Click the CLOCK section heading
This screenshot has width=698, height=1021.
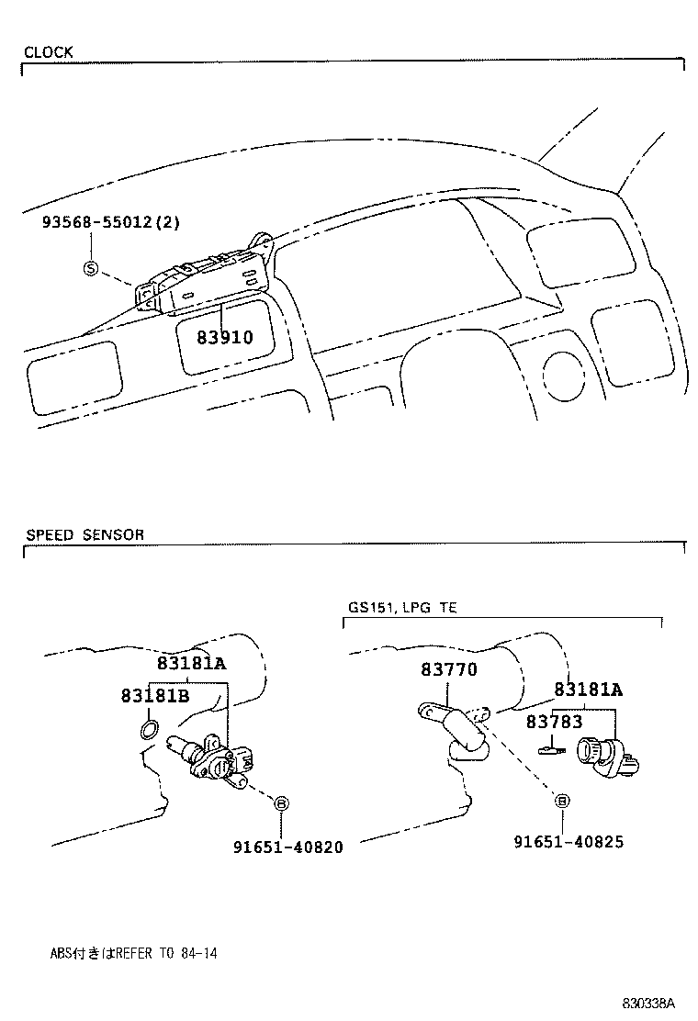[49, 52]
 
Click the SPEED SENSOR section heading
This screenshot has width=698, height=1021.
[84, 534]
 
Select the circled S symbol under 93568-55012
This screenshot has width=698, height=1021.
[90, 268]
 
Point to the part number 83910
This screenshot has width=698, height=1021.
[224, 337]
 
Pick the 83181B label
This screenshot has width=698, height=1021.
[154, 695]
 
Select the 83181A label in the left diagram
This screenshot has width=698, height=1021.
[191, 663]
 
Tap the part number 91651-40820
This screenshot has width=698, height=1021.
[287, 847]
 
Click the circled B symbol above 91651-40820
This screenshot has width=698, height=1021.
[282, 803]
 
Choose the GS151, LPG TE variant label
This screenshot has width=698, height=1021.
[402, 608]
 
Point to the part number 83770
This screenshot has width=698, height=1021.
[449, 670]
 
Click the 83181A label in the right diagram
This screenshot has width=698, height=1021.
[588, 690]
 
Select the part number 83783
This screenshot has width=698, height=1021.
[554, 722]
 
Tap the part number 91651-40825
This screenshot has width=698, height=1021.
[569, 841]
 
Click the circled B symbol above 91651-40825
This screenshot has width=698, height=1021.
[562, 801]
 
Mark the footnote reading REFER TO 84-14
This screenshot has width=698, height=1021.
[133, 953]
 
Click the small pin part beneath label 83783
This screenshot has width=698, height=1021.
[551, 749]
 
